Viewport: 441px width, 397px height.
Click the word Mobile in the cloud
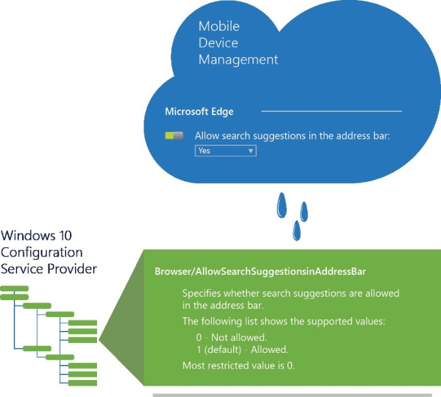coord(219,26)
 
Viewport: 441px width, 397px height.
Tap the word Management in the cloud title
coord(238,60)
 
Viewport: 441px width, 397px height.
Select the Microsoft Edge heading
coord(199,111)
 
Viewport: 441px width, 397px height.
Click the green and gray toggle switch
coord(174,136)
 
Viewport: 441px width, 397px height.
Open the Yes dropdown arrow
coord(251,151)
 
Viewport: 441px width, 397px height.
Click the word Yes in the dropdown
coord(204,150)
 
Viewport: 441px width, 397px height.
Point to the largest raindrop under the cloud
coord(282,205)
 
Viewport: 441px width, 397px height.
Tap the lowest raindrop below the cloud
coord(297,231)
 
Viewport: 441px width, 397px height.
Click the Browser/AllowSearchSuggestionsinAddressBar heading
coord(260,271)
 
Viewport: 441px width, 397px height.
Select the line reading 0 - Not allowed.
coord(231,337)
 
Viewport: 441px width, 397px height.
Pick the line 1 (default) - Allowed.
coord(243,350)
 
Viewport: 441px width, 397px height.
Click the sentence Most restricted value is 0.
coord(238,366)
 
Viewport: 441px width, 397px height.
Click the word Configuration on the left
coord(42,252)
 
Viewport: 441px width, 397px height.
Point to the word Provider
coord(72,269)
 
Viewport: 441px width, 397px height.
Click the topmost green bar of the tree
coord(14,289)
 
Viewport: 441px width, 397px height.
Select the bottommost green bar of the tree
coord(83,383)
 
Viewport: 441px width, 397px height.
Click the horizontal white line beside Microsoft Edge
coord(331,111)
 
